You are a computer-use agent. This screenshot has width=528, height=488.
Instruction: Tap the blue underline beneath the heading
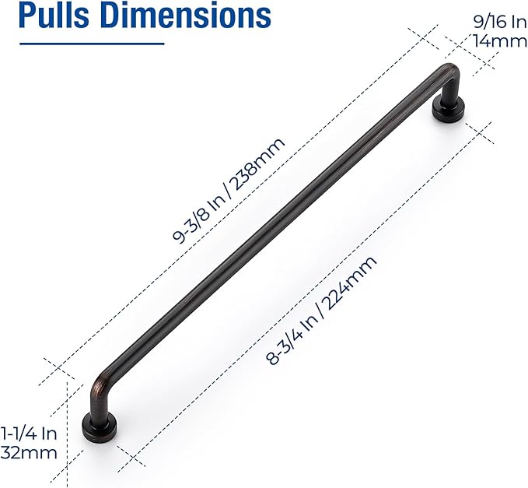(x=92, y=44)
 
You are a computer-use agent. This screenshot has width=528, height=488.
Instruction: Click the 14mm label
(x=502, y=41)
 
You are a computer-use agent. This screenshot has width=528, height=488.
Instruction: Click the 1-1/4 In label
(x=28, y=434)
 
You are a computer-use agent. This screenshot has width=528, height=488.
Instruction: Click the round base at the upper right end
(x=447, y=111)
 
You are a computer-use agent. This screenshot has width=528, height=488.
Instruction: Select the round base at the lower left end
(x=100, y=427)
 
